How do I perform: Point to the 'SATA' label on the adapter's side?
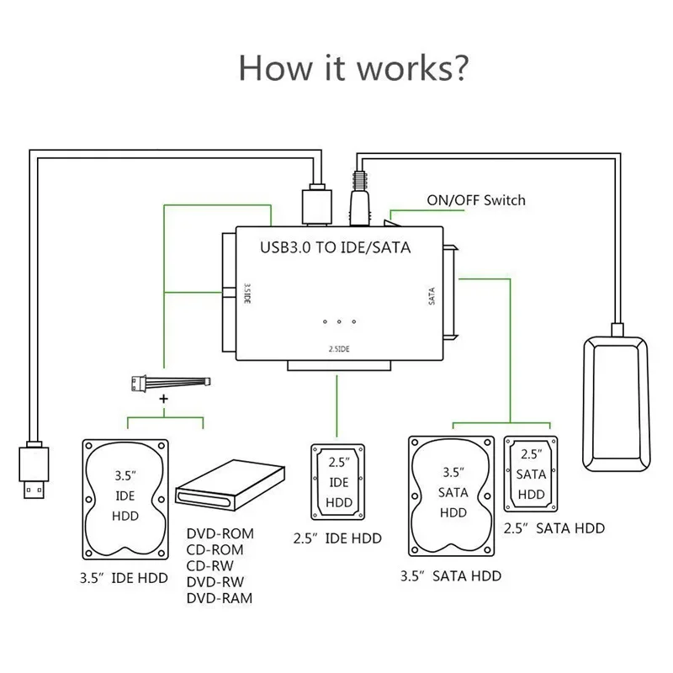click(x=432, y=295)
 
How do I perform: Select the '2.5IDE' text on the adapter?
click(x=340, y=347)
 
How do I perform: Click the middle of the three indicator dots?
click(x=340, y=321)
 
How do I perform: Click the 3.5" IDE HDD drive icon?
click(x=125, y=498)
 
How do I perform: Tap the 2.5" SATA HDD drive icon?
click(x=531, y=474)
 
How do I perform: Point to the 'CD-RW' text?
click(x=210, y=567)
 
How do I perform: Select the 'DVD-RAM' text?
click(x=218, y=599)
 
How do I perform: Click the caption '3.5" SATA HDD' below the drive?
click(x=453, y=576)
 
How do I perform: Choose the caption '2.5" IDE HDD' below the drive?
click(x=337, y=538)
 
